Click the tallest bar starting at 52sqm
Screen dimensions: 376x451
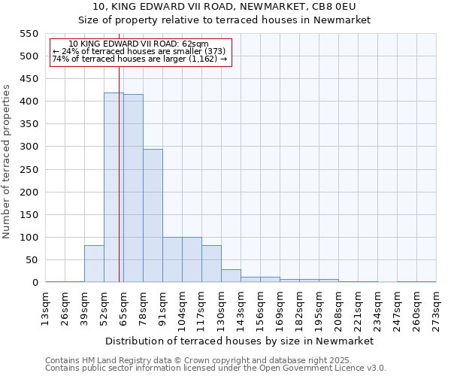point(114,188)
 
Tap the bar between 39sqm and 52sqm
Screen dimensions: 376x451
point(94,264)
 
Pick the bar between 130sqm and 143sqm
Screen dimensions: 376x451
point(231,276)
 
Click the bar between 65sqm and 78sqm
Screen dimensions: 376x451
point(133,189)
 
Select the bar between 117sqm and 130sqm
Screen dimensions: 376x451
point(211,264)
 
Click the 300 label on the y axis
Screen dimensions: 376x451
point(29,147)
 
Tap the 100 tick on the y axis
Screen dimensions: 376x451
point(29,238)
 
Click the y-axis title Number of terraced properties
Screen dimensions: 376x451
point(8,162)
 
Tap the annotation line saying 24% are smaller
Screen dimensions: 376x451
point(138,51)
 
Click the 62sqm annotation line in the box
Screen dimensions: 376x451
point(138,44)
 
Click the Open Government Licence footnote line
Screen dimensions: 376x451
point(216,368)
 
